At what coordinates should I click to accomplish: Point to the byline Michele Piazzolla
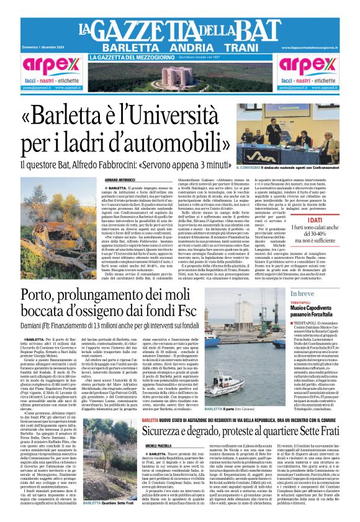click(x=159, y=428)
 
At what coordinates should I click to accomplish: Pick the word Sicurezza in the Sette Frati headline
click(x=173, y=415)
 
